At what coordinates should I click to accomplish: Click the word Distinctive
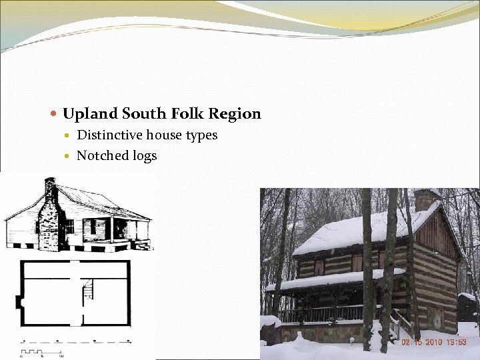tap(110, 135)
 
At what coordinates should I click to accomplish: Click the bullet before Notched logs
tap(69, 157)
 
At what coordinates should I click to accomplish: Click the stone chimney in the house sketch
tap(49, 220)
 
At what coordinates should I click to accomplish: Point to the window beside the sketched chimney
tap(68, 227)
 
